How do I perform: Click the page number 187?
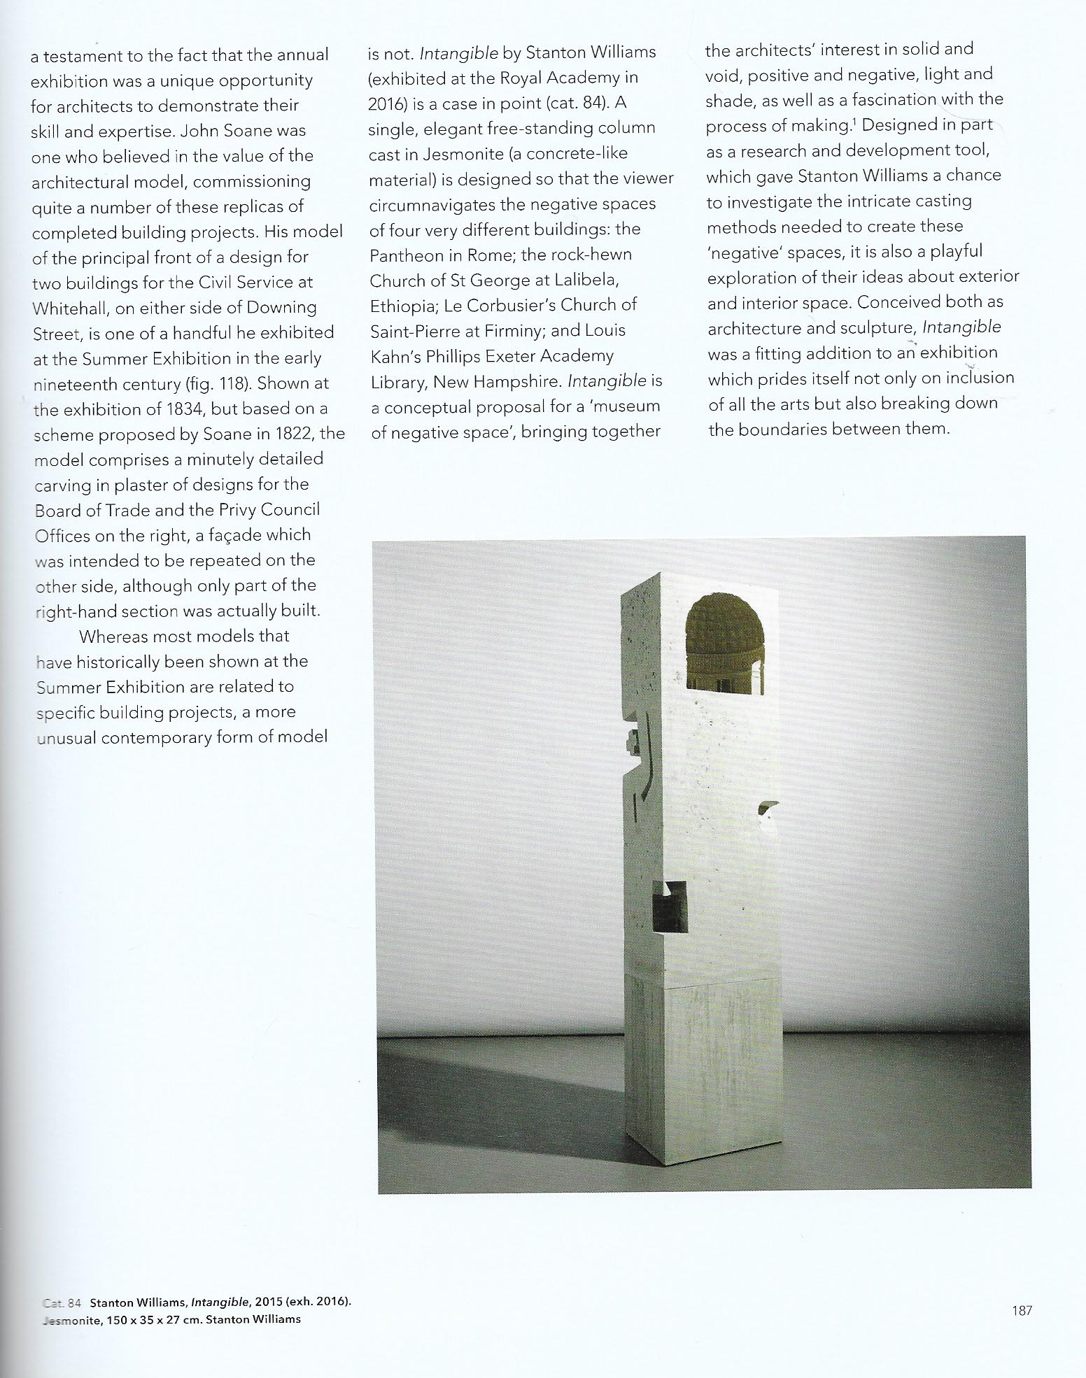coord(1022,1311)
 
